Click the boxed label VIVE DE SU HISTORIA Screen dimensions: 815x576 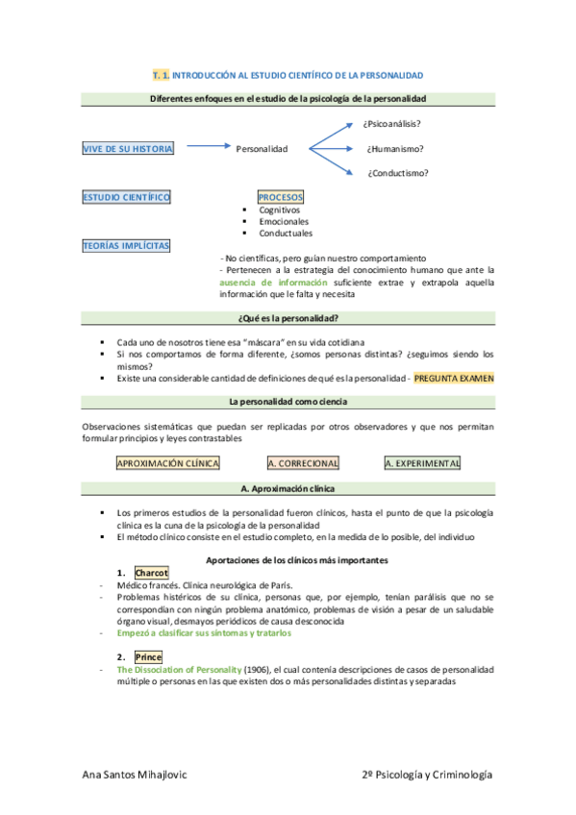128,149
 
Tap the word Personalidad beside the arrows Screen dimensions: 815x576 262,149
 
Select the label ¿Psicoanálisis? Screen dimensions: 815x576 392,124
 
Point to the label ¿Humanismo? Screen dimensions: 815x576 395,149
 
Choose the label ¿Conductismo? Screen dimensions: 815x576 398,173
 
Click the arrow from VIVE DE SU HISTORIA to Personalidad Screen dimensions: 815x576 206,148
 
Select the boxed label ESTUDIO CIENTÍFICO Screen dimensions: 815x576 127,197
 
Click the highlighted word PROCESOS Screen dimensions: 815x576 281,197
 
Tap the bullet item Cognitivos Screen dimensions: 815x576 279,210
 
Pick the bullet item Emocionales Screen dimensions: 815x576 282,221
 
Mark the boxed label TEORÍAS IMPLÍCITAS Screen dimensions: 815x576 126,245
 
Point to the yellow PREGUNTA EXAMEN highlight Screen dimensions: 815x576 454,379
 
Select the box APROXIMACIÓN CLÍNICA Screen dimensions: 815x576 167,463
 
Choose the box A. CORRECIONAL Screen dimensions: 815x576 303,463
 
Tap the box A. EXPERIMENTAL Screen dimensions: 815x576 422,463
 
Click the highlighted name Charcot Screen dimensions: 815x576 151,572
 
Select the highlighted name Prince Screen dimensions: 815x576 148,657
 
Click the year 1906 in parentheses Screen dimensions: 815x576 257,669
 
